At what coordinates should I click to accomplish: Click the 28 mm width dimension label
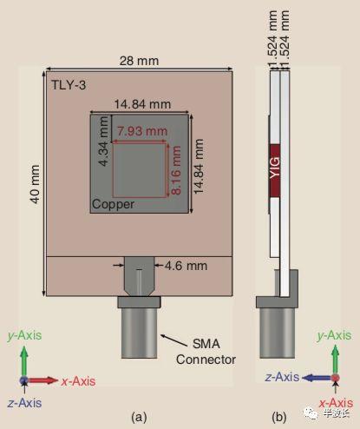point(139,61)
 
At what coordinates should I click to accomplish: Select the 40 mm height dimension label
point(35,184)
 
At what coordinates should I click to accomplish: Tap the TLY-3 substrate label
point(69,85)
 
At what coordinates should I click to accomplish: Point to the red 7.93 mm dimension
point(142,131)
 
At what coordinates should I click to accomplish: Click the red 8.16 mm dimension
point(176,170)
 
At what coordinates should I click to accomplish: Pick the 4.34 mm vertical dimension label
point(103,141)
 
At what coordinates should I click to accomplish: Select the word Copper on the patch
point(113,204)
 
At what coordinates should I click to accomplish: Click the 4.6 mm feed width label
point(186,266)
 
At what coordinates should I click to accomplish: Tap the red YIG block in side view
point(275,170)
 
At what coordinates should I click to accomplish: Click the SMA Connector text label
point(206,352)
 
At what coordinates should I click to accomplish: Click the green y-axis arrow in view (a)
point(24,362)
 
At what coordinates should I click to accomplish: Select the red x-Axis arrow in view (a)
point(42,380)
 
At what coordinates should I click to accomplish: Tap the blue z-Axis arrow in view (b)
point(317,378)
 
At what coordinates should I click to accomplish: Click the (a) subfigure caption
point(139,417)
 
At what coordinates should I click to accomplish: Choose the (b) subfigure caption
point(279,417)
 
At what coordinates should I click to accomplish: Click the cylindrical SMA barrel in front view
point(139,333)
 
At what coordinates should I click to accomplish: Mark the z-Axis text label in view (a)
point(24,403)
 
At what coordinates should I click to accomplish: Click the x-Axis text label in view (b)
point(336,403)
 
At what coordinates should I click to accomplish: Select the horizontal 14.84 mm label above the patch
point(142,104)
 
